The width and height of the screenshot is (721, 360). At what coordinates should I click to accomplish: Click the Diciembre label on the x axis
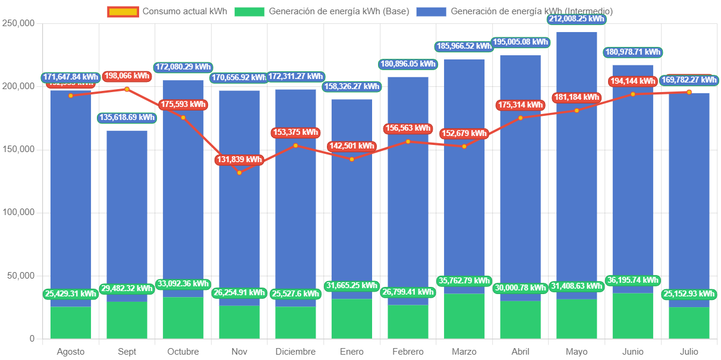295,352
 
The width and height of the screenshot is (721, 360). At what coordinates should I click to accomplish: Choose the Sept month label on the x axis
127,352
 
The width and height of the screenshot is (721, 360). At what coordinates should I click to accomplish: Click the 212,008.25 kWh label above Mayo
577,19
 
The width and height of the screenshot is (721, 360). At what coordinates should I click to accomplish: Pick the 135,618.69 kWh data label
127,118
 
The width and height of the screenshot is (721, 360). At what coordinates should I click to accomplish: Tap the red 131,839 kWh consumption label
239,159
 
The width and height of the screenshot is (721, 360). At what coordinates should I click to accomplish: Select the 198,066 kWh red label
127,76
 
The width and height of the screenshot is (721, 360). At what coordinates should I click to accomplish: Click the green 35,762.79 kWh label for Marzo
464,281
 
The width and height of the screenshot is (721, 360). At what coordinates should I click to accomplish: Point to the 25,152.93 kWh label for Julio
689,293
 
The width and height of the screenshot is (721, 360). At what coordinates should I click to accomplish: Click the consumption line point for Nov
240,172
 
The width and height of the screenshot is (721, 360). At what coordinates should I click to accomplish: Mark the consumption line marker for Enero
352,159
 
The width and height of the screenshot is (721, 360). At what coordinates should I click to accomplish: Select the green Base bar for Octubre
183,318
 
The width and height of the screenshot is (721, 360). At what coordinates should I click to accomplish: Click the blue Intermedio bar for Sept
127,214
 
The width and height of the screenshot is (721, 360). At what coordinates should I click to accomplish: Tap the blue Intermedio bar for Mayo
577,166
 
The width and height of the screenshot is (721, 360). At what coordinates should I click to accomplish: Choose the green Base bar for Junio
633,316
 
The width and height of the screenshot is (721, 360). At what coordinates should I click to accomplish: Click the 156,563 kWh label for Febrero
408,128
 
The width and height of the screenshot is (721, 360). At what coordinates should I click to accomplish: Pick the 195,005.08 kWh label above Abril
520,42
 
